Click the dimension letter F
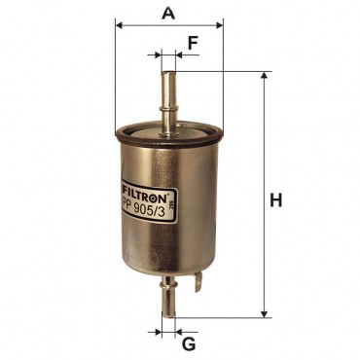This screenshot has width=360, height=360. [193, 44]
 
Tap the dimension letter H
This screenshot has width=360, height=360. [276, 200]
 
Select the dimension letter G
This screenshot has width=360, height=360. [189, 344]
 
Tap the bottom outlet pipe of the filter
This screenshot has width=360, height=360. [168, 297]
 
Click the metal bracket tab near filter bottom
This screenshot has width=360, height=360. [198, 282]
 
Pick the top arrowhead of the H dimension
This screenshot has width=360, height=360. [265, 76]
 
